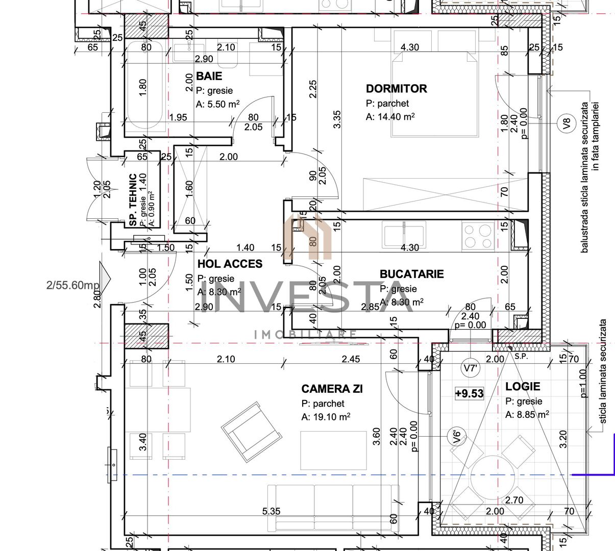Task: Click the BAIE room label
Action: (x=209, y=76)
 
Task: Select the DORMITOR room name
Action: (x=396, y=89)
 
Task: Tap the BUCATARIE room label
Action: (x=411, y=274)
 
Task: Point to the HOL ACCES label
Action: (x=230, y=264)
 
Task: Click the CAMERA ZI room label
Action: (x=332, y=389)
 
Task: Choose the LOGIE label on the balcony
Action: (x=522, y=387)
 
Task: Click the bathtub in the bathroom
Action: (x=145, y=87)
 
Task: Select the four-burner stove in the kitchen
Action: (x=477, y=236)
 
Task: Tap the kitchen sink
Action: (x=404, y=234)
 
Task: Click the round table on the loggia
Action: (x=492, y=472)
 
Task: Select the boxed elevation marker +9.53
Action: (x=469, y=393)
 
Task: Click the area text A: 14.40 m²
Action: (x=390, y=117)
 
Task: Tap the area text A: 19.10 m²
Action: (x=326, y=417)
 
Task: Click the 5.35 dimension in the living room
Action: (x=272, y=511)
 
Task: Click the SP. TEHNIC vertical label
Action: (x=133, y=200)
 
